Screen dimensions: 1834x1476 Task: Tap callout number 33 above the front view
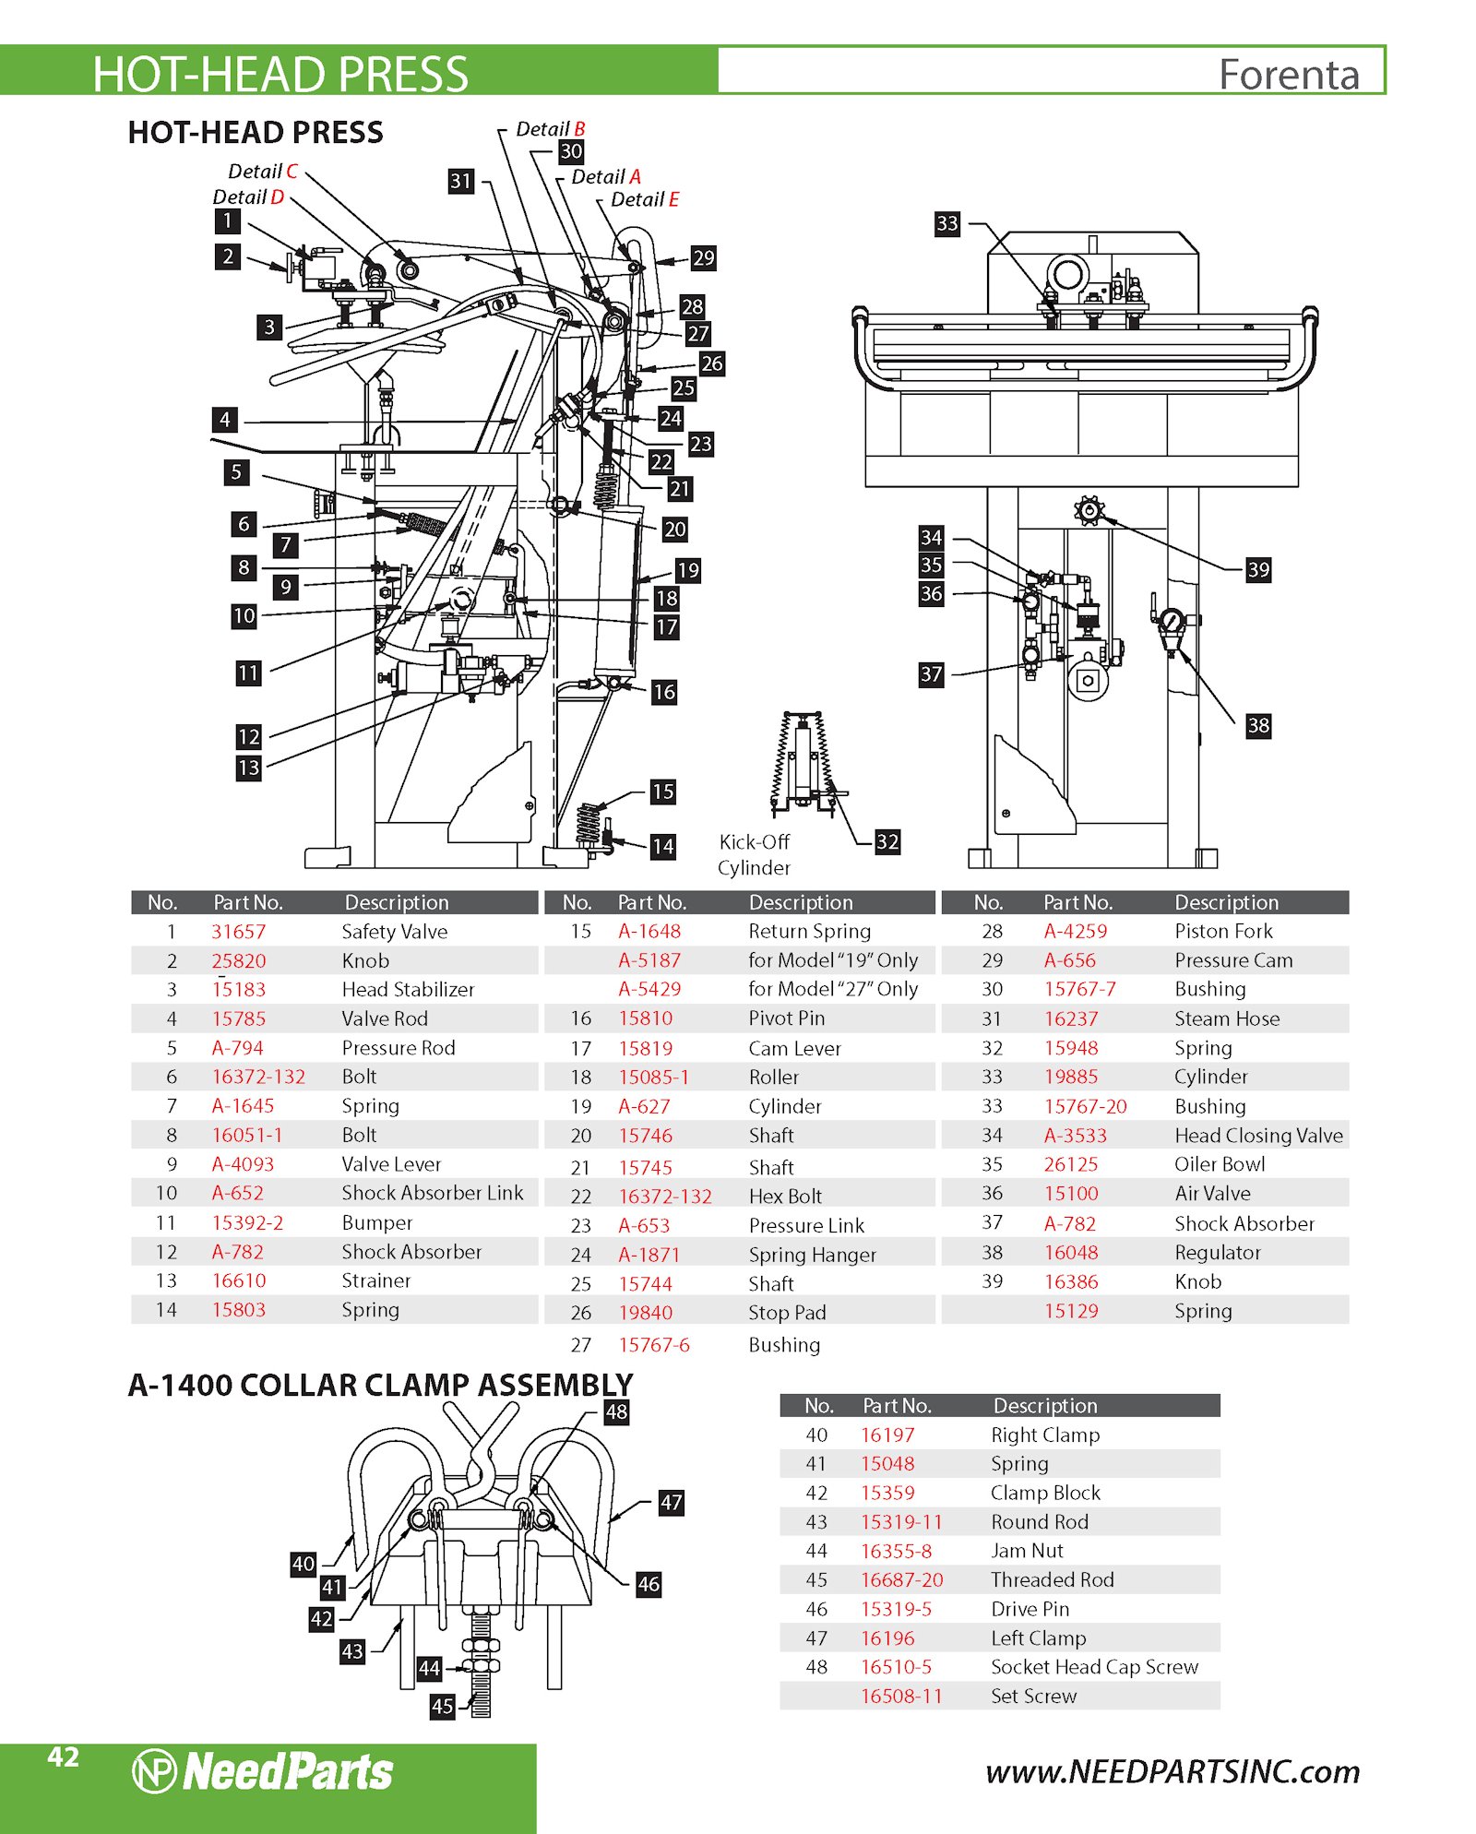pos(946,223)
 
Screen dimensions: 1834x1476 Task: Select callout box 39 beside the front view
pos(1257,569)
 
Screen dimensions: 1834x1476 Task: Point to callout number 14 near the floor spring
pos(662,846)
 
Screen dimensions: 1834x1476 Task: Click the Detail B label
pos(550,129)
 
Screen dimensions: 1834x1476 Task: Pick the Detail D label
pos(248,196)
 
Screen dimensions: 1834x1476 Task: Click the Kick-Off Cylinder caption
pos(754,854)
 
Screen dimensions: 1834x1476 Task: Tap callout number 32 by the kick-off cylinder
pos(887,841)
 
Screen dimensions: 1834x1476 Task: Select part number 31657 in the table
pos(238,932)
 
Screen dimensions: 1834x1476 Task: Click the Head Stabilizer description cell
pos(408,990)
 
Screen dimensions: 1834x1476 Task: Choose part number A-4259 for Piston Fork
pos(1075,932)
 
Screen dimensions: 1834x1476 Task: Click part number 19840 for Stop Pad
pos(645,1313)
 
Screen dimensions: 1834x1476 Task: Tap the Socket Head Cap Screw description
pos(1094,1667)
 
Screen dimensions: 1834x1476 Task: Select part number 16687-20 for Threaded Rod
pos(901,1580)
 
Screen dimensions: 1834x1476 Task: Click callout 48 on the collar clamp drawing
pos(616,1411)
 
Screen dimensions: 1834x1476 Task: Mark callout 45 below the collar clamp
pos(442,1706)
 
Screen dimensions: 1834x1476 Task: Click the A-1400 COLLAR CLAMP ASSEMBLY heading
pos(380,1385)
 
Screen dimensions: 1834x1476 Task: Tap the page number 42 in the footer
pos(63,1757)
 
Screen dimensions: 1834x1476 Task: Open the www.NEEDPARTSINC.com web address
pos(1172,1772)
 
